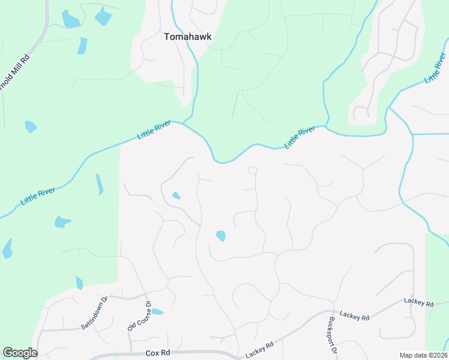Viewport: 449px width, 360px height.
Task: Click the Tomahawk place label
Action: pyautogui.click(x=188, y=37)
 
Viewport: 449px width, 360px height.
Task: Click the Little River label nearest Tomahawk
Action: pyautogui.click(x=154, y=130)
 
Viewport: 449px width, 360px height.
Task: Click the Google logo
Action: pyautogui.click(x=20, y=353)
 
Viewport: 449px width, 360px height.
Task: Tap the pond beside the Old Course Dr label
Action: pyautogui.click(x=157, y=312)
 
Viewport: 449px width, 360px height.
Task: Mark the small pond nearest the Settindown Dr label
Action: pyautogui.click(x=79, y=283)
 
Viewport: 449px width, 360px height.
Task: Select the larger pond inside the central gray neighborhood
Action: pyautogui.click(x=221, y=236)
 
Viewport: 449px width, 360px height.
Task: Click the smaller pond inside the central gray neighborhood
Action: pyautogui.click(x=176, y=195)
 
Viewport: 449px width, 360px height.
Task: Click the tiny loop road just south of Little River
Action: pyautogui.click(x=253, y=170)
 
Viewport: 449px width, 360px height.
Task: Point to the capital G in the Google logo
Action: pyautogui.click(x=8, y=353)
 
